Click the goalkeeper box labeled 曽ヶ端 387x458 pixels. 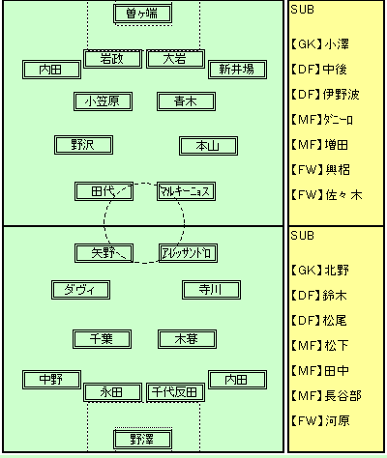tap(142, 14)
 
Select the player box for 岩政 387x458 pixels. tap(112, 59)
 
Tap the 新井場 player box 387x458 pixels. tap(237, 70)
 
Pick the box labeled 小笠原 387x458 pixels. tap(103, 101)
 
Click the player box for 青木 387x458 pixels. tap(186, 101)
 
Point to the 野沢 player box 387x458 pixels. tap(83, 145)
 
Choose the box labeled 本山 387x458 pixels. tap(208, 146)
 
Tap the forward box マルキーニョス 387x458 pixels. tap(186, 191)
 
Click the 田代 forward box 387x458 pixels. tap(104, 191)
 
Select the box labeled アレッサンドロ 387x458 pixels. tap(188, 253)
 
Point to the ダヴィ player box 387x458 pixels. tap(80, 290)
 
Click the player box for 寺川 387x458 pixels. tap(211, 290)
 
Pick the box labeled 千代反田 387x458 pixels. tap(175, 392)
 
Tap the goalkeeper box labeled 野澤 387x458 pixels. tap(142, 439)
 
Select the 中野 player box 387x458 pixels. tap(51, 380)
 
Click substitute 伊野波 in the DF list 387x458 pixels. tap(342, 95)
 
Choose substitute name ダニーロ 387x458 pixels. tap(339, 120)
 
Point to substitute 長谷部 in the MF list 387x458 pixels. tap(342, 395)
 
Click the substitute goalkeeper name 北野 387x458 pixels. tap(337, 270)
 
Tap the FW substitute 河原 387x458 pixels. tap(338, 420)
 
